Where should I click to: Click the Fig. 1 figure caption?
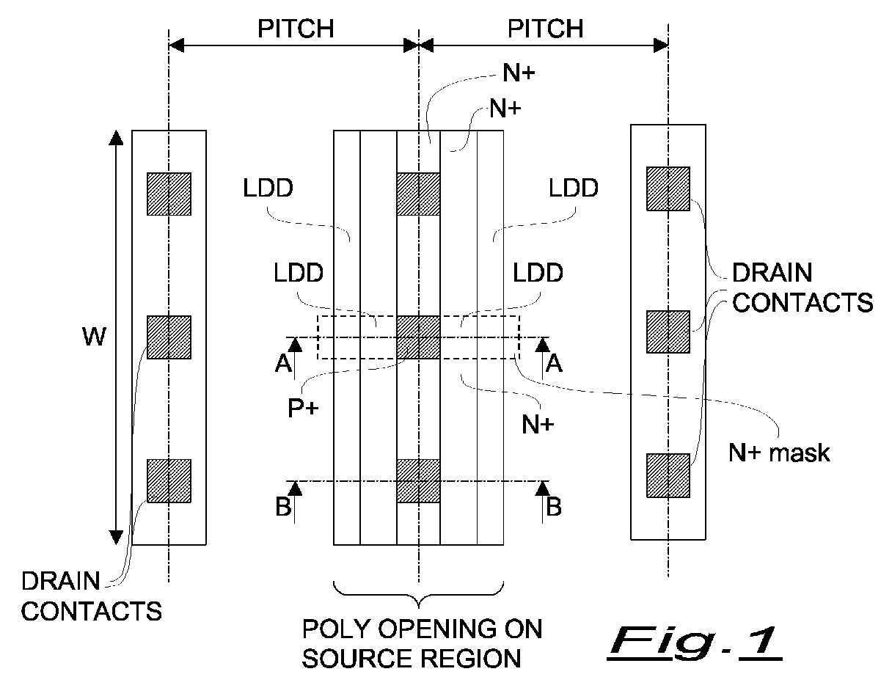[695, 643]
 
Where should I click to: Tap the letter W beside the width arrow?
[95, 337]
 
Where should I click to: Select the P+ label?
[303, 408]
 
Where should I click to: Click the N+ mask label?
[779, 453]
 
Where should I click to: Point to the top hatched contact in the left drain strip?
[169, 194]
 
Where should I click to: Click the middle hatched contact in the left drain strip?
[169, 337]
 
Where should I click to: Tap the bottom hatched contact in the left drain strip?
[169, 481]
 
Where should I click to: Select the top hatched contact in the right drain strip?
[668, 189]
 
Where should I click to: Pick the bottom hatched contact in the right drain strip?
[668, 475]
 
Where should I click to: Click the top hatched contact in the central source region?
[418, 194]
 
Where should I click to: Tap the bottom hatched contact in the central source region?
[418, 481]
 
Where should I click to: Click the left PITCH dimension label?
[296, 29]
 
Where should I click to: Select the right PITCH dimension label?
[546, 29]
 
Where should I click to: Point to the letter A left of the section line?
[283, 363]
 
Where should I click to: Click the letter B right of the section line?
[554, 507]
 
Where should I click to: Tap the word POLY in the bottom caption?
[336, 629]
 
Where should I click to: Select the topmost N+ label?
[519, 73]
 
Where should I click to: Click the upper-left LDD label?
[268, 188]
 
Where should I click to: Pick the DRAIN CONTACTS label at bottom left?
[92, 596]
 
